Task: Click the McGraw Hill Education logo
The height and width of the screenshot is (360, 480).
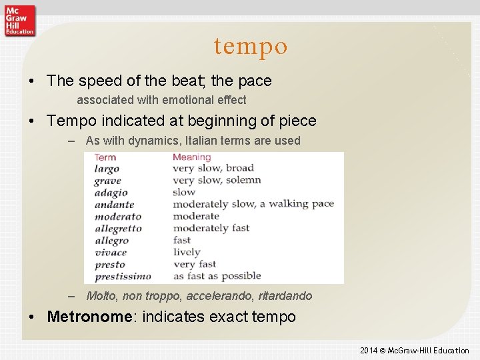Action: point(19,19)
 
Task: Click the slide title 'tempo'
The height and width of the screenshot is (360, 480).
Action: point(251,46)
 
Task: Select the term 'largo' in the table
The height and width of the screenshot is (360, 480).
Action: point(107,169)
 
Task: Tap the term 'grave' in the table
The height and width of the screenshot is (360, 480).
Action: point(107,181)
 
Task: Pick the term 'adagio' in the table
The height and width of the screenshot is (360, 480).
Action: point(111,193)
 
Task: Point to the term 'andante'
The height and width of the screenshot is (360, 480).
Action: point(114,205)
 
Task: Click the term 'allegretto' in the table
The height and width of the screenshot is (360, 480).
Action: point(118,229)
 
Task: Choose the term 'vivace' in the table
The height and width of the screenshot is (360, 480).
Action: point(111,253)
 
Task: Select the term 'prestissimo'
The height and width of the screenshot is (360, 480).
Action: point(123,276)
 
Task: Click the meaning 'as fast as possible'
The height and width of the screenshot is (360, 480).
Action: point(217,276)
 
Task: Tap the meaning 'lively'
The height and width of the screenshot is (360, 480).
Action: point(187,252)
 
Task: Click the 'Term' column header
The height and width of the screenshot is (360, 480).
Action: point(105,157)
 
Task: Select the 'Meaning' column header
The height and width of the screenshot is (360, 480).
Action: point(191,157)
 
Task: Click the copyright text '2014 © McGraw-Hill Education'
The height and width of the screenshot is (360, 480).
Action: point(414,351)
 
